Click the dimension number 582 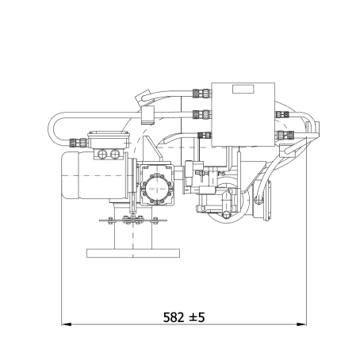(x=173, y=317)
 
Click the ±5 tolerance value (x=197, y=317)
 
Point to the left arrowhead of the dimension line (x=66, y=324)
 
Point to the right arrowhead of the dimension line (x=301, y=324)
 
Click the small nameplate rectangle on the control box (x=243, y=89)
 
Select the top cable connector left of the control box (x=202, y=93)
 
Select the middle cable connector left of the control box (x=202, y=114)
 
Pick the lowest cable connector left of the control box (x=205, y=136)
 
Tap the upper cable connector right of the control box (x=282, y=114)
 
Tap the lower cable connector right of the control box (x=285, y=135)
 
